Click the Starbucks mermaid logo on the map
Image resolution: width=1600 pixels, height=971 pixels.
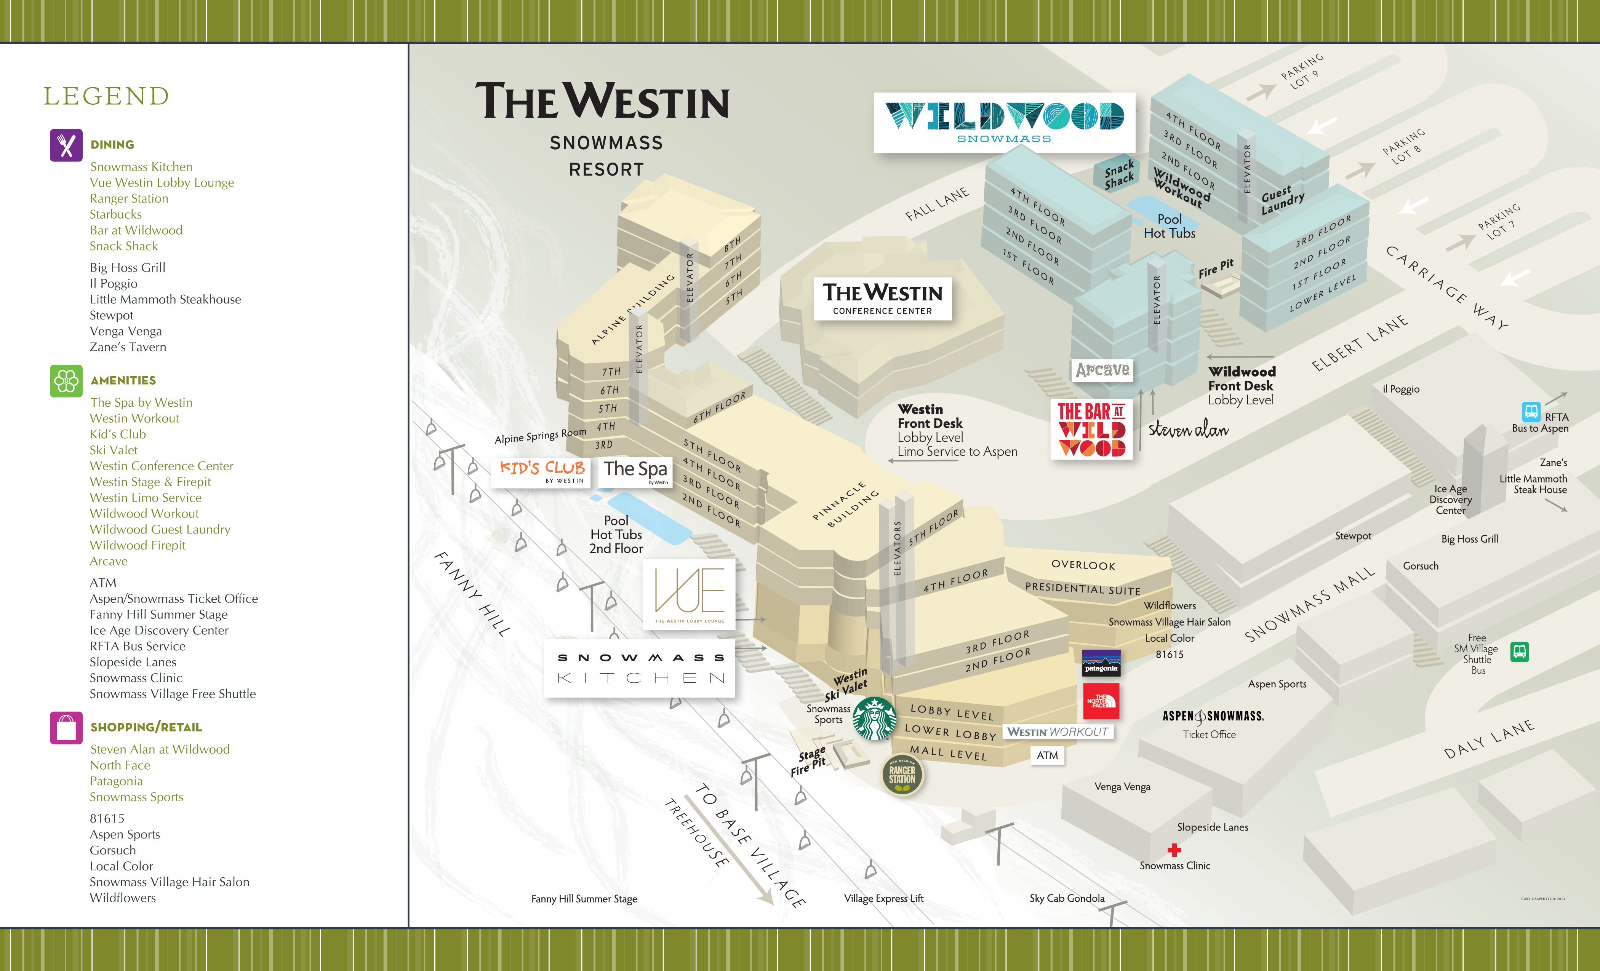tap(874, 719)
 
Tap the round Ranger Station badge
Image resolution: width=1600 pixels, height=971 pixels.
tap(902, 775)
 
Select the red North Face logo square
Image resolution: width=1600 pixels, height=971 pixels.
tap(1101, 701)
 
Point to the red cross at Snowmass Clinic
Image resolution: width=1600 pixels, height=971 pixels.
tap(1174, 850)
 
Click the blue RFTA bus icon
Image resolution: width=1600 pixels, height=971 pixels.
tap(1531, 412)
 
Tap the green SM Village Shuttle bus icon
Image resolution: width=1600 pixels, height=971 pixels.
tap(1520, 651)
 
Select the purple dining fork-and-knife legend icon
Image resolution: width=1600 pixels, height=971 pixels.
tap(66, 145)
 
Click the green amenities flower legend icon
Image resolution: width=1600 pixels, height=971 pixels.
tap(66, 381)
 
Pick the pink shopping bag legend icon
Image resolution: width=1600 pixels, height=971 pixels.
tap(66, 728)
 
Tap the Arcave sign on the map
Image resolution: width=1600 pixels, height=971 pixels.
tap(1102, 370)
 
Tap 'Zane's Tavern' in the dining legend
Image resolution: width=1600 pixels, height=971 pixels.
tap(128, 347)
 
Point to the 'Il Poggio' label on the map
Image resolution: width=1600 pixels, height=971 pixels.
tap(1401, 390)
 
